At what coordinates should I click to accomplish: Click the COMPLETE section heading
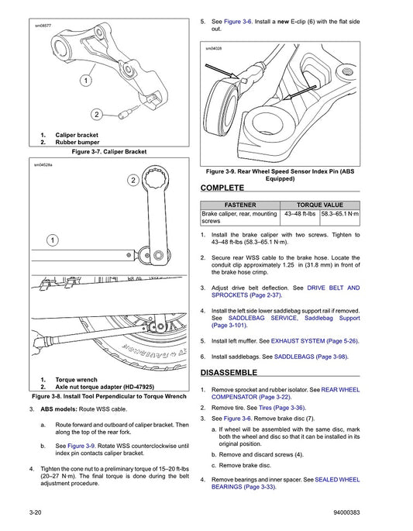(x=222, y=188)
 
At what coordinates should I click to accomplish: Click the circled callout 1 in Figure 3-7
(x=83, y=80)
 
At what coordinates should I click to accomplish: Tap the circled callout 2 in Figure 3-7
(x=98, y=115)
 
